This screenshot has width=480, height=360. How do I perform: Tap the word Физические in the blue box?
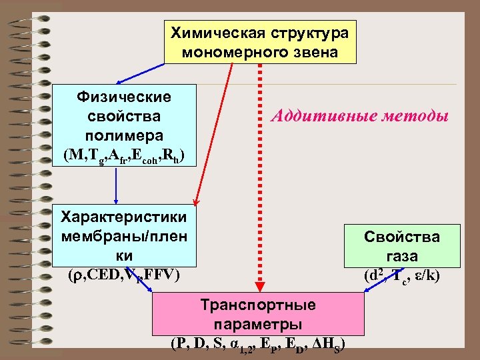[124, 97]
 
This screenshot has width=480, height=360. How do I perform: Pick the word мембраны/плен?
[124, 236]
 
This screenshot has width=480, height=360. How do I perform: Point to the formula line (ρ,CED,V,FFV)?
[124, 274]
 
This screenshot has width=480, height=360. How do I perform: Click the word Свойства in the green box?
[401, 237]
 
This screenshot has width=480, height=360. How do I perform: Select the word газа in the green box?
[401, 256]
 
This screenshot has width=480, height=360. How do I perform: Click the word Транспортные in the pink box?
[259, 305]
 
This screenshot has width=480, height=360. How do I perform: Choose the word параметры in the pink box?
[259, 325]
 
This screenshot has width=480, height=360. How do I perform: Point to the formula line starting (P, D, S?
[259, 345]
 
